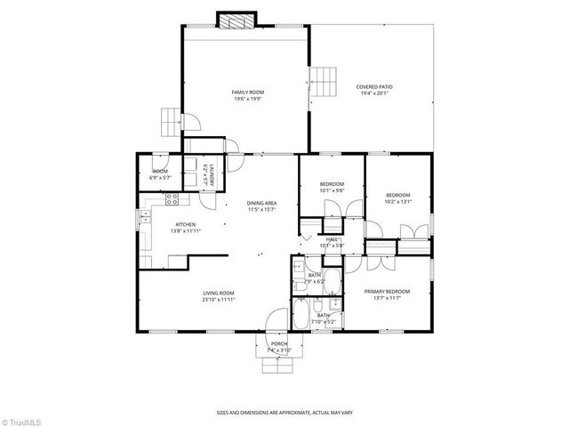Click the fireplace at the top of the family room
236,20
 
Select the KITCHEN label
185,224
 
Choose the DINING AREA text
261,204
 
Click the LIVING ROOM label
218,294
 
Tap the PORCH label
279,345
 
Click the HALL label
332,239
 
